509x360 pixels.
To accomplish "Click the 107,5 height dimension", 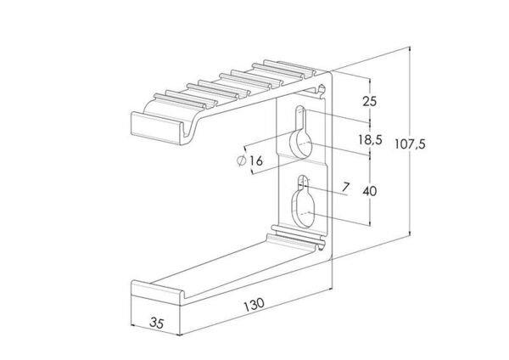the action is coord(410,143).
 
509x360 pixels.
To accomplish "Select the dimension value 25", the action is coord(370,101).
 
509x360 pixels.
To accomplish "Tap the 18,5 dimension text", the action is coord(371,140).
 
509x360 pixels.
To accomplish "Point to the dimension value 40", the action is coord(370,191).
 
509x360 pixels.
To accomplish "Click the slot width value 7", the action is coord(346,187).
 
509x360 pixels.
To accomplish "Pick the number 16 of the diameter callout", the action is coord(256,160).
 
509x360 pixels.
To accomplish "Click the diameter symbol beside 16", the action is coord(242,160).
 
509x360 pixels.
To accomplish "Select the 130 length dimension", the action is coord(255,305).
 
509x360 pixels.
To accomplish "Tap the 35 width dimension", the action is coord(157,323).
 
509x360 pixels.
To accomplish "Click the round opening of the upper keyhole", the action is coord(300,143).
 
